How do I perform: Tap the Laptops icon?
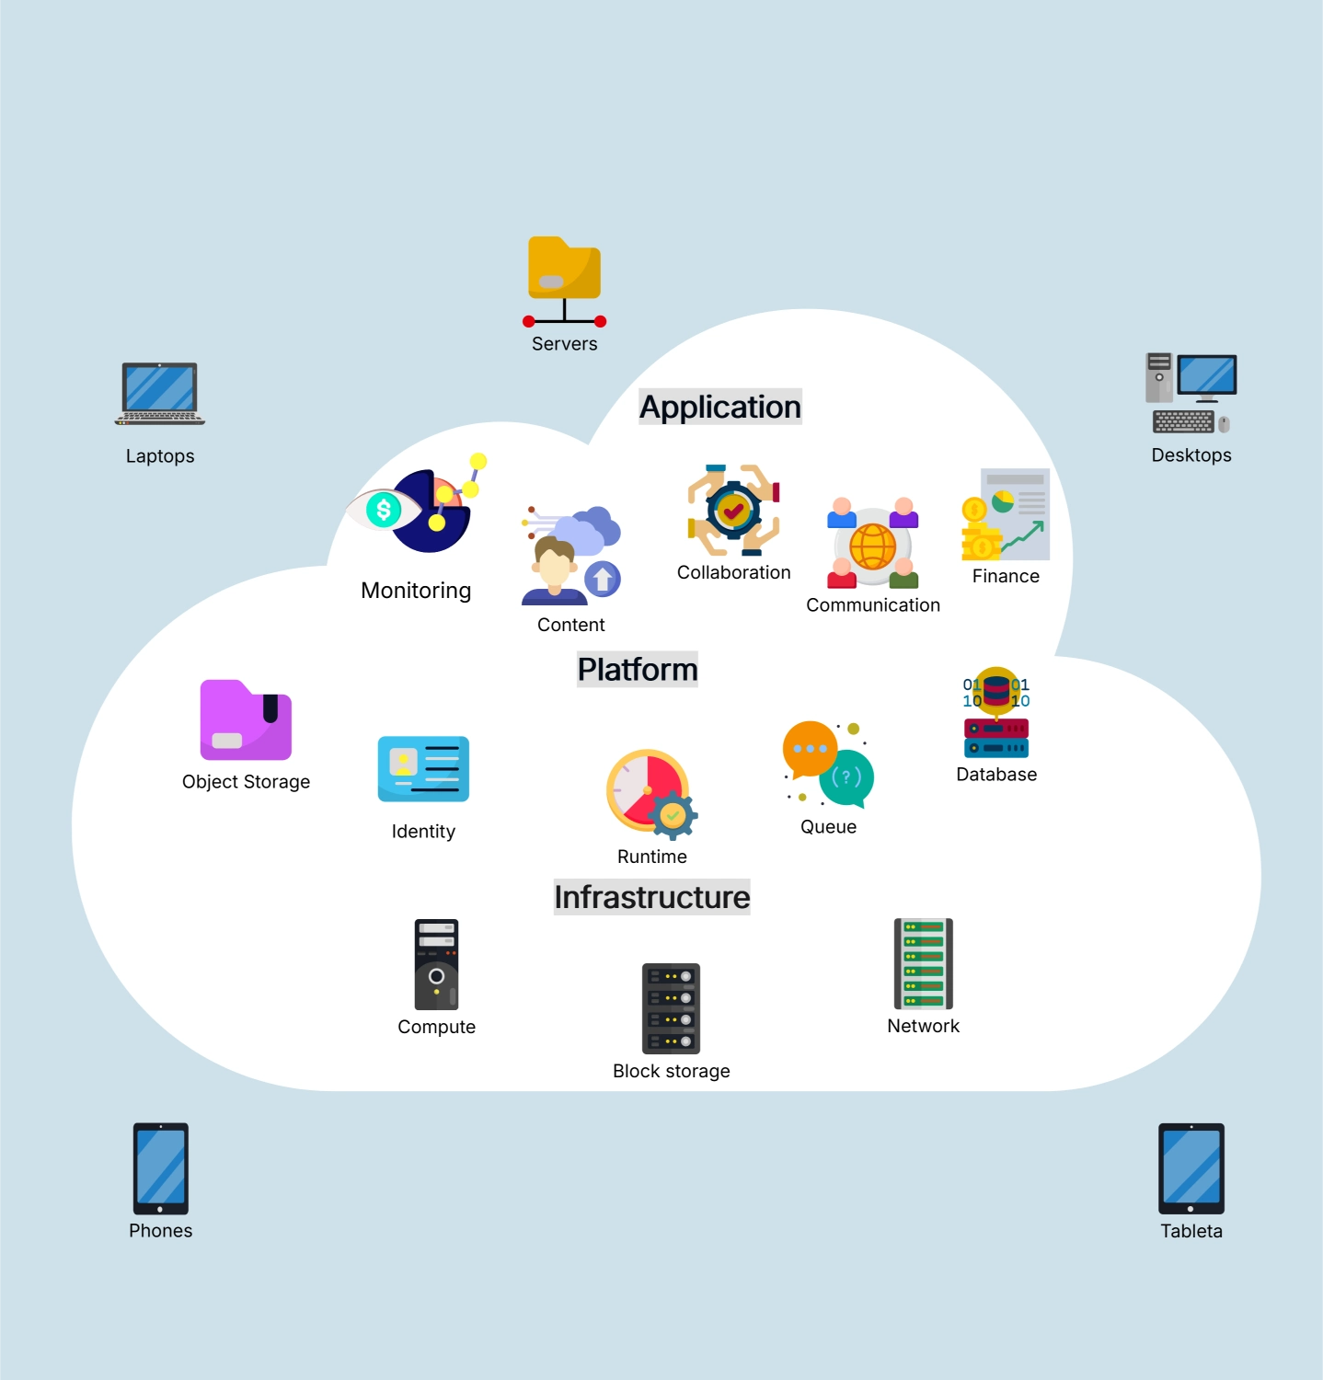[160, 394]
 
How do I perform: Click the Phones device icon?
[161, 1168]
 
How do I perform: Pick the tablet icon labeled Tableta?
[1191, 1168]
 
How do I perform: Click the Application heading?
[720, 407]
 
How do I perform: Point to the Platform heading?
[638, 669]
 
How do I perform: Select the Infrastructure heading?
[651, 897]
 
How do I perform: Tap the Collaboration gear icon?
[733, 511]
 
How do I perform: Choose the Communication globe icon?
[873, 545]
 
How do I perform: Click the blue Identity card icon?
[423, 769]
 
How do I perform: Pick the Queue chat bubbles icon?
[828, 765]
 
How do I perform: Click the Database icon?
[996, 714]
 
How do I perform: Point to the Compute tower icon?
[436, 964]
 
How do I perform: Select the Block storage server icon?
[671, 1008]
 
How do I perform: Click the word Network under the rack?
[923, 1026]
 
